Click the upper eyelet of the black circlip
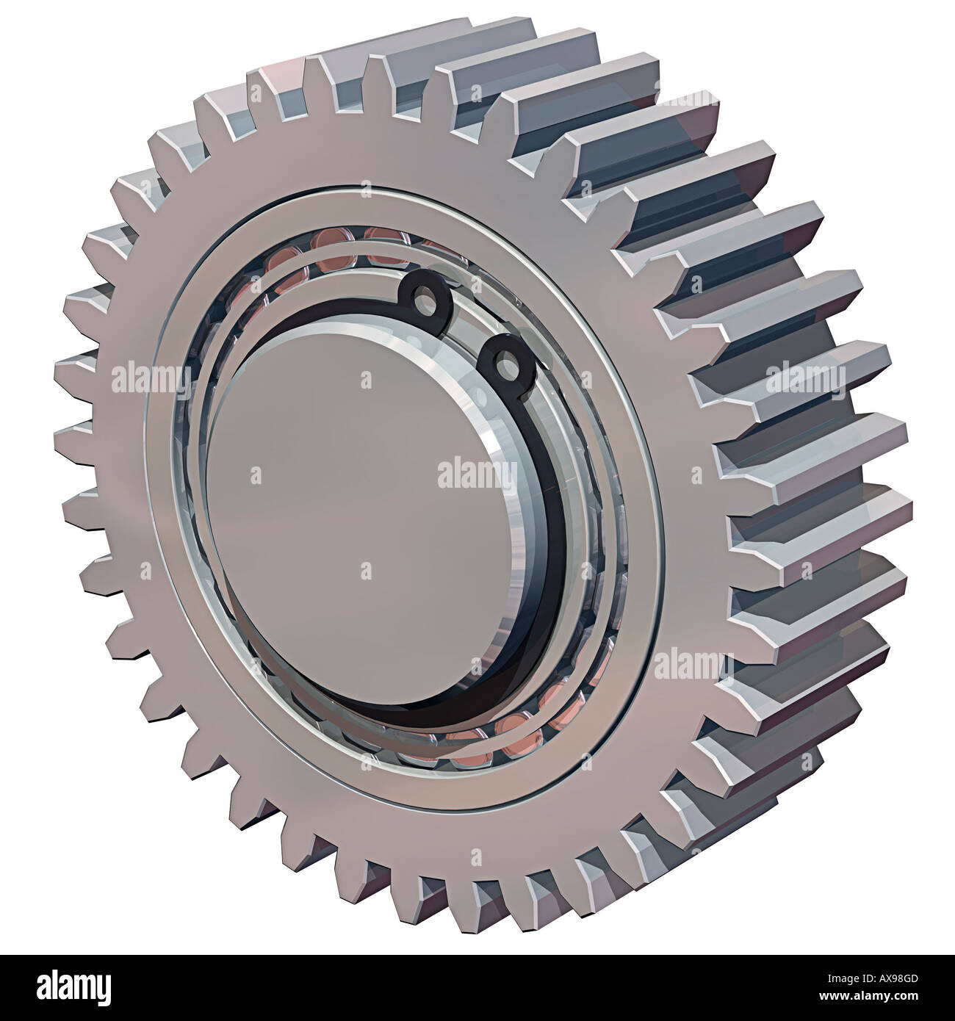click(423, 295)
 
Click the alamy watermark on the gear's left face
click(151, 380)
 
